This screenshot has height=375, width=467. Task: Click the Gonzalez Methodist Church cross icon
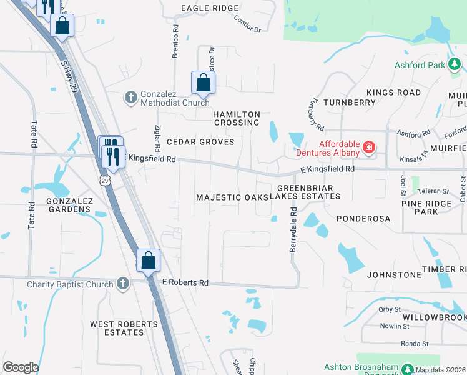coord(130,97)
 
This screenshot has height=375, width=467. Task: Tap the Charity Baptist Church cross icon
coord(123,284)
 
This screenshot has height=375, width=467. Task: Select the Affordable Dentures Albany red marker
coord(369,147)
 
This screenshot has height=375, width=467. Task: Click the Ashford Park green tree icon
coord(455,64)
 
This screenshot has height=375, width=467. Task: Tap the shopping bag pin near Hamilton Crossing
coord(203,82)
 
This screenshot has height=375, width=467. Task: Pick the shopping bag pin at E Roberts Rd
coord(149,261)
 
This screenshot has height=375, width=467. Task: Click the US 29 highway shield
coord(104,180)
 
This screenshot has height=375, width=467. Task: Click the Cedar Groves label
coord(200,142)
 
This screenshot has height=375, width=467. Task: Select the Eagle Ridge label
coord(210,8)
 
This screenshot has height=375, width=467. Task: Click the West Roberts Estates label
coord(124,328)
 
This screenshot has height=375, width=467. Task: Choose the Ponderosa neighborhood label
coord(363,219)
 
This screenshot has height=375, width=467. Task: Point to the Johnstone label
coord(394,274)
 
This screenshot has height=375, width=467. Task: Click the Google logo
coord(21,367)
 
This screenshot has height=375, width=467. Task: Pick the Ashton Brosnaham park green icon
coord(408,369)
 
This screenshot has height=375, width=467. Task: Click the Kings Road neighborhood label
coord(393,92)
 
